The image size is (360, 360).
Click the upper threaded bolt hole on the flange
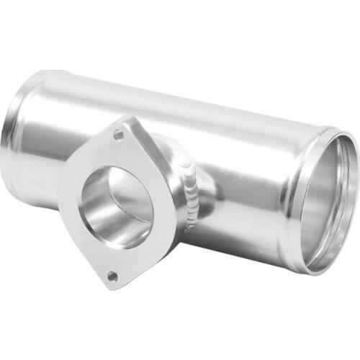(118, 135)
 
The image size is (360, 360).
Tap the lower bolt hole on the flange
(112, 275)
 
